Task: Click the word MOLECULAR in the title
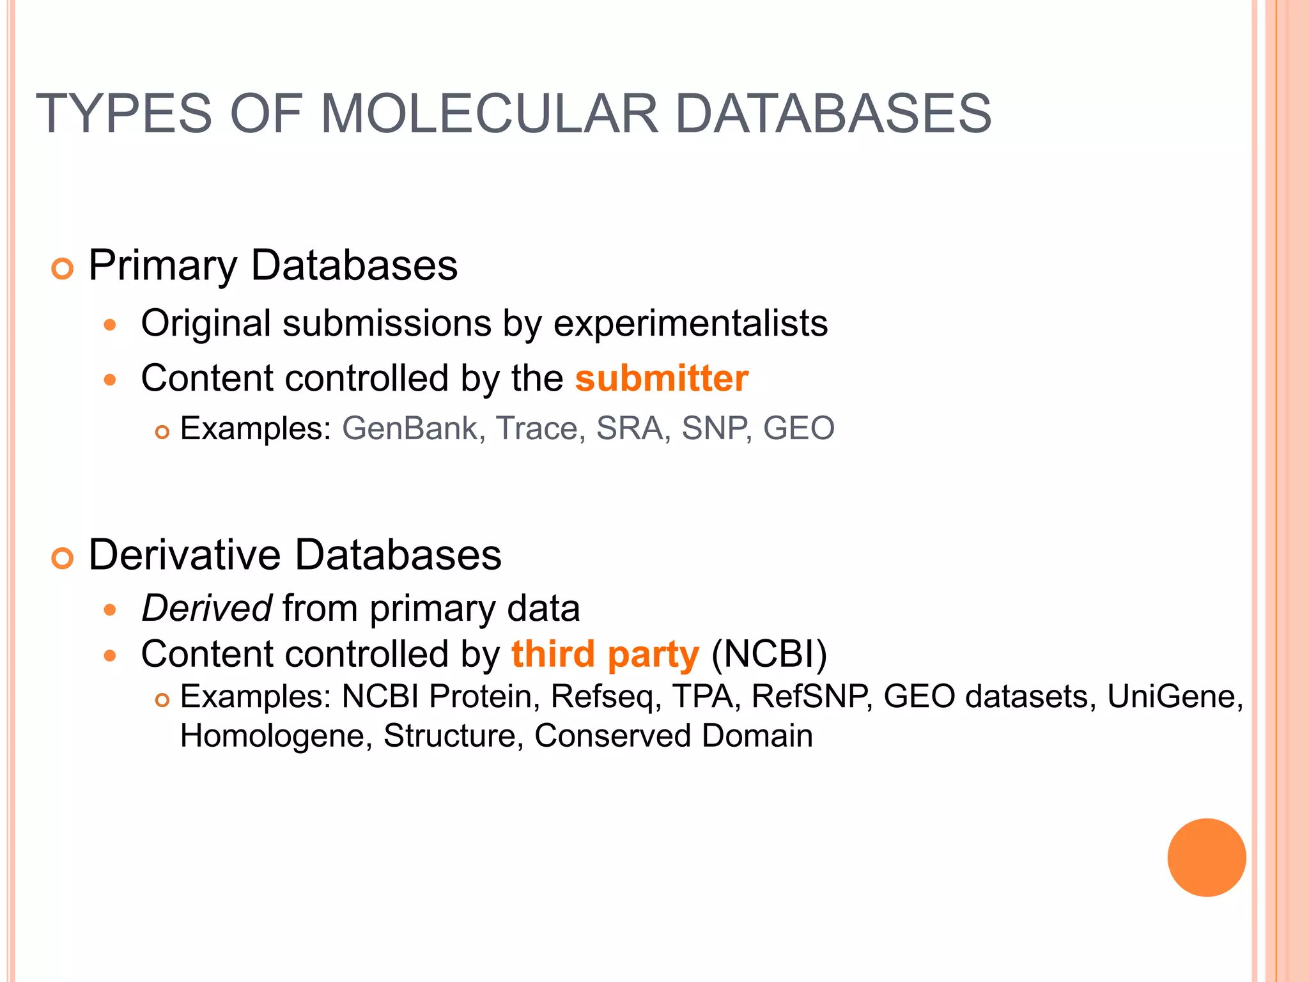click(x=489, y=114)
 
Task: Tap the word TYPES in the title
click(x=123, y=114)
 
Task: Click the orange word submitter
click(x=662, y=378)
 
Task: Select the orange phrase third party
click(x=605, y=654)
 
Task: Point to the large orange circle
click(x=1206, y=857)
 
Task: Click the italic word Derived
click(x=207, y=607)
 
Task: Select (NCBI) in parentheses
click(x=769, y=654)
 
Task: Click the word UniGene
click(x=1175, y=696)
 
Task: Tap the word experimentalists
click(x=690, y=323)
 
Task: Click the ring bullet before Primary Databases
click(x=63, y=269)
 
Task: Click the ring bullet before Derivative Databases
click(x=63, y=558)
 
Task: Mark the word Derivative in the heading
click(x=184, y=554)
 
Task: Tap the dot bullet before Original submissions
click(x=110, y=325)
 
